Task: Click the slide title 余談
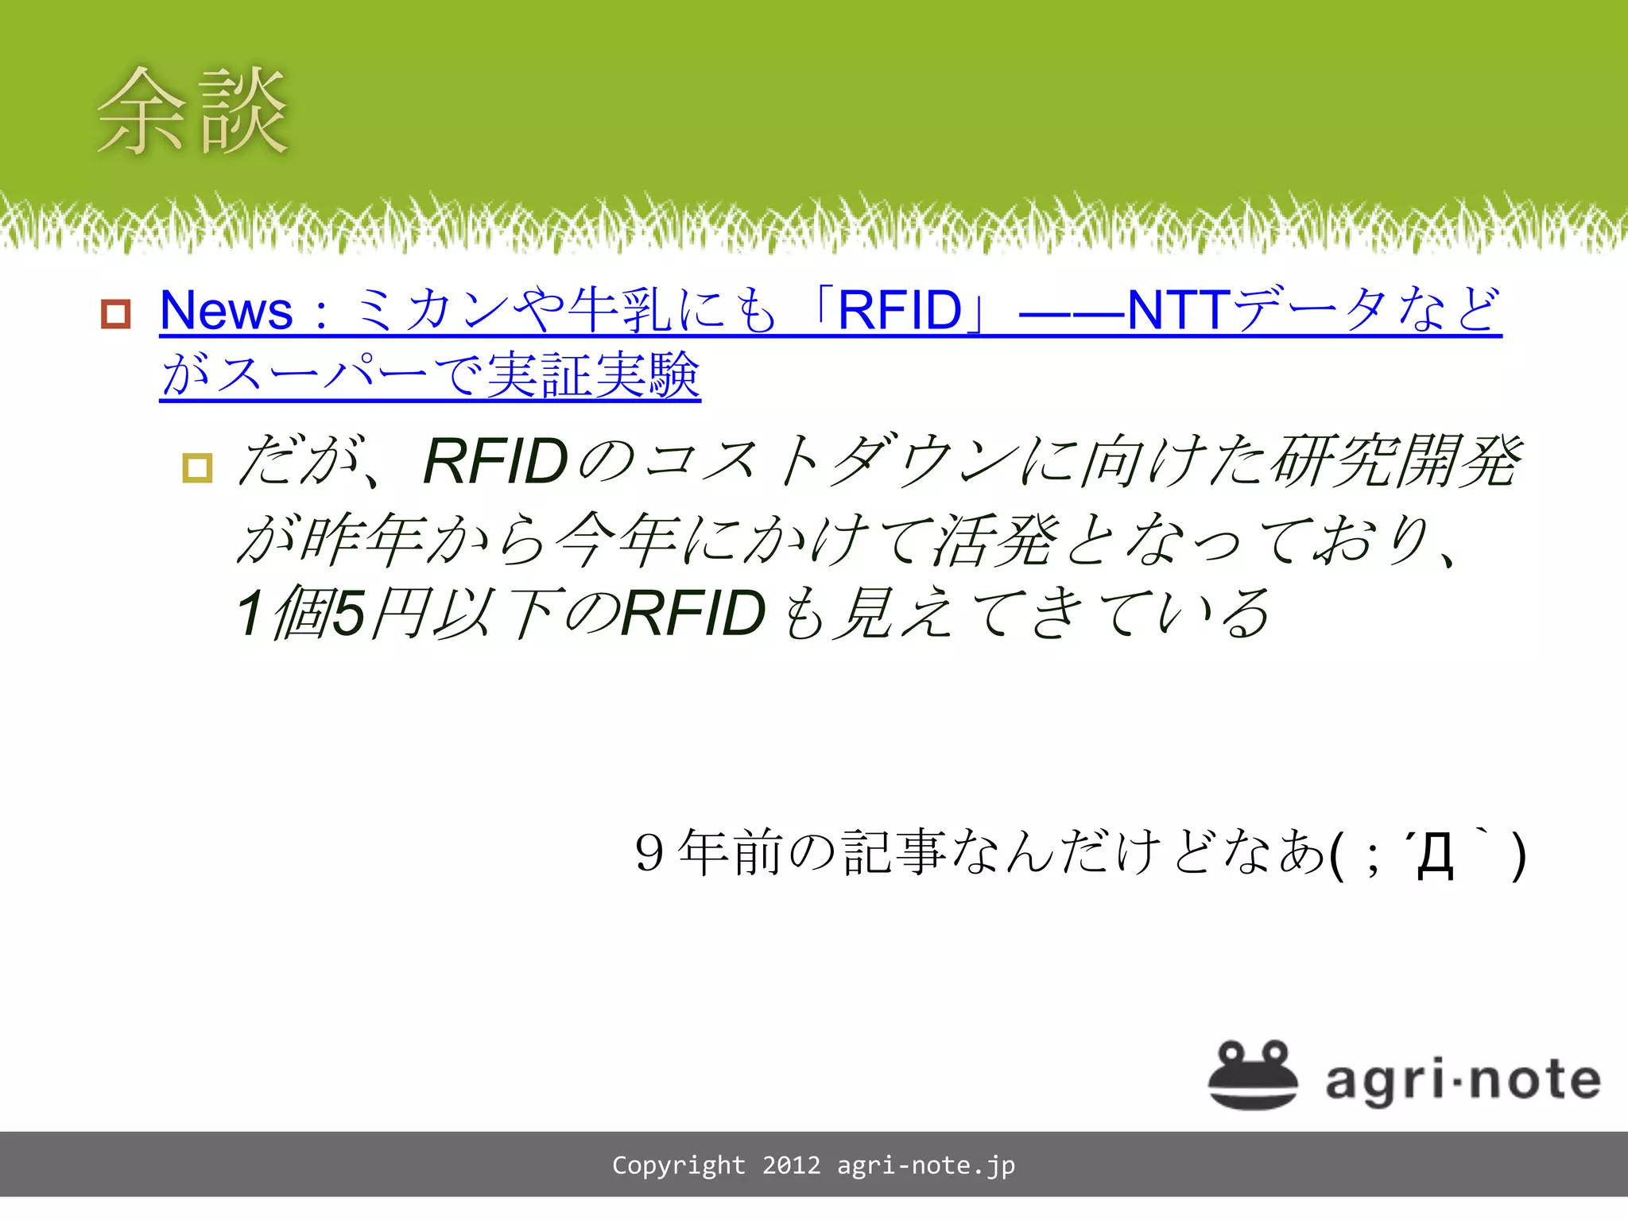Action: (192, 111)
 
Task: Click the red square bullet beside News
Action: (116, 313)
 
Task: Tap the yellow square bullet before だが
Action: (197, 467)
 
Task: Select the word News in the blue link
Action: (227, 310)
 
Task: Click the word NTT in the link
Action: (1179, 310)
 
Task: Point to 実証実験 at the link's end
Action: (593, 375)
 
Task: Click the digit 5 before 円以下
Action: (349, 614)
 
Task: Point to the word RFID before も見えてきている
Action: (693, 614)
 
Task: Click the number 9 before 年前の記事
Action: (649, 854)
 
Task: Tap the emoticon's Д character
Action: (1436, 857)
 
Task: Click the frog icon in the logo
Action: (1253, 1075)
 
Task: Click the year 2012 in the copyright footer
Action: (791, 1165)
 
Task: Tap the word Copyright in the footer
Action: (678, 1165)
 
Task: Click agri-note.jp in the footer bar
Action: (926, 1165)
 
